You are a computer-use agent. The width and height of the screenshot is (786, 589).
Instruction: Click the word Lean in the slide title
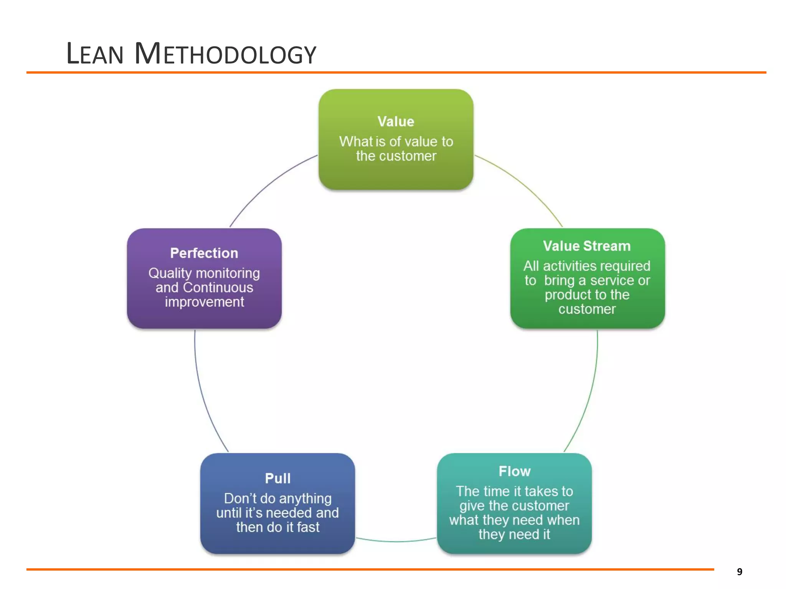point(95,54)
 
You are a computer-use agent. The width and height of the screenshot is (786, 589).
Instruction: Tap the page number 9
point(740,572)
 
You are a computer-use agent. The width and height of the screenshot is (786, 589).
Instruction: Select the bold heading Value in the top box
point(396,122)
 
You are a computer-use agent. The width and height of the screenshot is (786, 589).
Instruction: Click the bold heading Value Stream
point(587,246)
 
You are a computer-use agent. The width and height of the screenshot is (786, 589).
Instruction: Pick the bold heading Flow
point(514,471)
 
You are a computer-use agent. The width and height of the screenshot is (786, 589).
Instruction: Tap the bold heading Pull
point(277,478)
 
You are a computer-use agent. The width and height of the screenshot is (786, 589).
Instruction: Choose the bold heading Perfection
point(204,253)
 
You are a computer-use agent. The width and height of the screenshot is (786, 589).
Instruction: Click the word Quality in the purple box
point(170,273)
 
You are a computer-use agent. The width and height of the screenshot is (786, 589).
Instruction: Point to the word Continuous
point(218,288)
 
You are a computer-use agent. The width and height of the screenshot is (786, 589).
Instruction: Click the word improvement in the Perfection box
point(204,302)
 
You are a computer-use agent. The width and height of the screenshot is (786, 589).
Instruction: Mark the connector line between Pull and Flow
point(396,541)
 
